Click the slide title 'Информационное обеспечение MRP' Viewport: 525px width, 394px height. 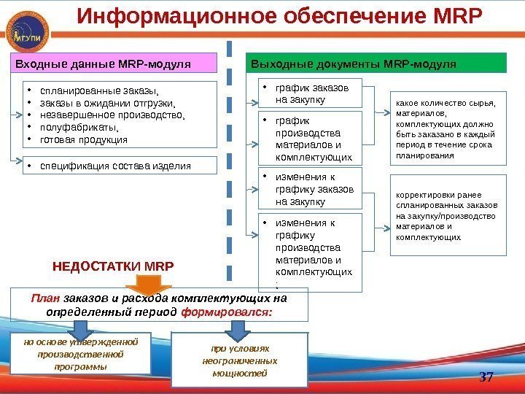(280, 16)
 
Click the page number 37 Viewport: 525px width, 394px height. (486, 376)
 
